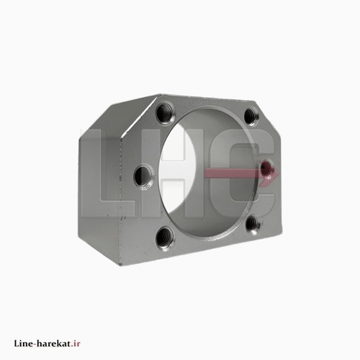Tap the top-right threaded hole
pyautogui.click(x=251, y=117)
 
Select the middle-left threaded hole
pyautogui.click(x=144, y=176)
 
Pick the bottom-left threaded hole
pyautogui.click(x=165, y=238)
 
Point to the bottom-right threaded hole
pyautogui.click(x=253, y=224)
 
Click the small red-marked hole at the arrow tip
pyautogui.click(x=266, y=166)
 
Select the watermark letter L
pyautogui.click(x=107, y=174)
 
